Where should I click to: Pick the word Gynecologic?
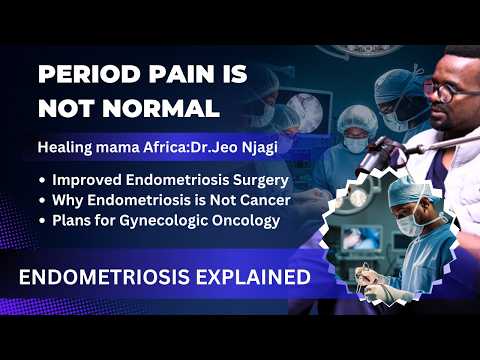point(153,220)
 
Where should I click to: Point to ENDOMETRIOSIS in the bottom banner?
point(106,277)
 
